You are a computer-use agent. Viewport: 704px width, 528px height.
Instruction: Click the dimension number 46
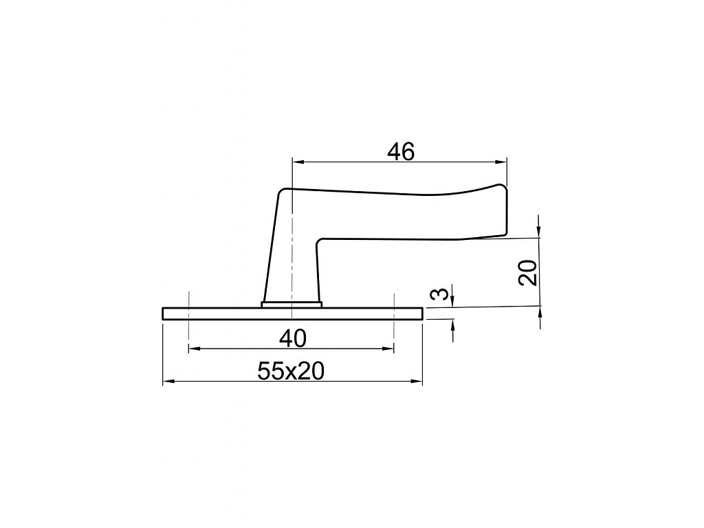pyautogui.click(x=401, y=152)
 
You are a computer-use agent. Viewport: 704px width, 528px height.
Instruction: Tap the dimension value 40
pyautogui.click(x=292, y=338)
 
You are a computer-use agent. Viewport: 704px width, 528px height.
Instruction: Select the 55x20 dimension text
pyautogui.click(x=291, y=371)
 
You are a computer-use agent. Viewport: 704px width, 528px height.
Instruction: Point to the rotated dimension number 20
pyautogui.click(x=528, y=272)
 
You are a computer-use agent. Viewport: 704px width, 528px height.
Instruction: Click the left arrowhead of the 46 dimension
pyautogui.click(x=298, y=162)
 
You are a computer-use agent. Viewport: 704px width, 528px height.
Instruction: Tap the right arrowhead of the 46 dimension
pyautogui.click(x=500, y=162)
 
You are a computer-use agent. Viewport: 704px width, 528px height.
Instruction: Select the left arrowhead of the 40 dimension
pyautogui.click(x=195, y=349)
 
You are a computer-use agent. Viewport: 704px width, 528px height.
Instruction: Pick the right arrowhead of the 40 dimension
pyautogui.click(x=388, y=349)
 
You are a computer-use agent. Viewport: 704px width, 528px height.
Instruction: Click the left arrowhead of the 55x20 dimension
pyautogui.click(x=168, y=382)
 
